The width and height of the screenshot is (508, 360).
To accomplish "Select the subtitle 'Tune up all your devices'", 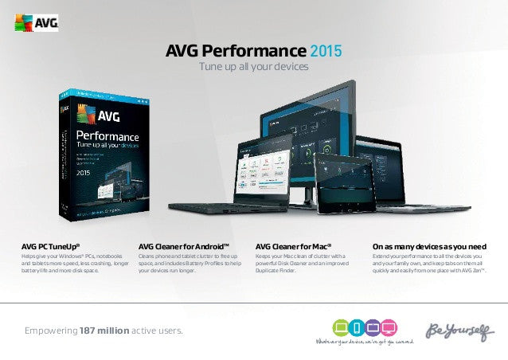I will (253, 68).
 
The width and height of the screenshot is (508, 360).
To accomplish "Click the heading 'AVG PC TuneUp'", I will (50, 247).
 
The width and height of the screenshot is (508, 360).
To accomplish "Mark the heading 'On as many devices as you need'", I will (429, 247).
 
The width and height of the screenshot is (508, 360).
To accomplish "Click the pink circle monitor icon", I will (389, 327).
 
